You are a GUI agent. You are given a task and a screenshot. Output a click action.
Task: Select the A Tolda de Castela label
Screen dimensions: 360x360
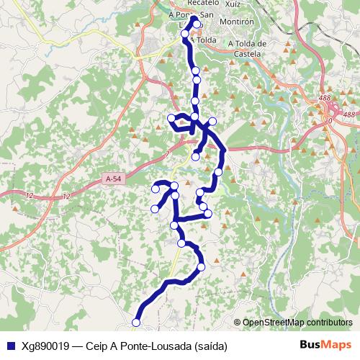(247, 48)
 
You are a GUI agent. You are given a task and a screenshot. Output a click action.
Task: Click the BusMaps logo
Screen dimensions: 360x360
(326, 346)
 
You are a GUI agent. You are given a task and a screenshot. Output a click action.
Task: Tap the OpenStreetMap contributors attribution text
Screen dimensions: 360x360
(297, 323)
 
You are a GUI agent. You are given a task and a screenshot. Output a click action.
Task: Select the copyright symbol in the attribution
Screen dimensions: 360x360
(238, 323)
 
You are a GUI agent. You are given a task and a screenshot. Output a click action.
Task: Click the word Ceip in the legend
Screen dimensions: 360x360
(97, 346)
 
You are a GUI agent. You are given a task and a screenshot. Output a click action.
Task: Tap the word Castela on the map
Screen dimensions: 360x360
(247, 53)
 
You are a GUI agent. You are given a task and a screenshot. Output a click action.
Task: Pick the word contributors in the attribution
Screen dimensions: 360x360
(328, 323)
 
